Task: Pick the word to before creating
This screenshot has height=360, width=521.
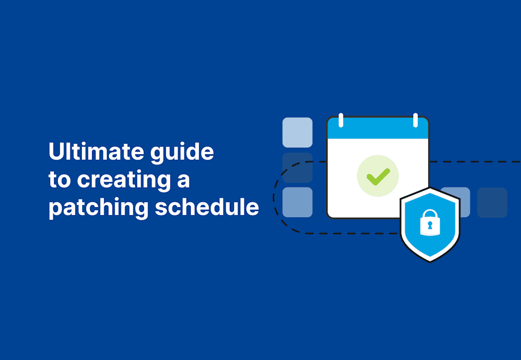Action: (60, 180)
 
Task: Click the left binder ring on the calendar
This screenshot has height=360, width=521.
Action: (340, 120)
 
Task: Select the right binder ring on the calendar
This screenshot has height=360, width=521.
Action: (415, 120)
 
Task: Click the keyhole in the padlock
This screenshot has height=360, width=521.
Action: (430, 226)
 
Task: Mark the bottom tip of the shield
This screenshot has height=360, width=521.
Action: (430, 260)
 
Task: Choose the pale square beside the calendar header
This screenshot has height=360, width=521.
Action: (297, 132)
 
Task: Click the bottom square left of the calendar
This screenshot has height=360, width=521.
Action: (297, 202)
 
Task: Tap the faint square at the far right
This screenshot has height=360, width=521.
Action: (492, 202)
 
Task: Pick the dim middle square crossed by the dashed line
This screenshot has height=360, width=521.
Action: (297, 167)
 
